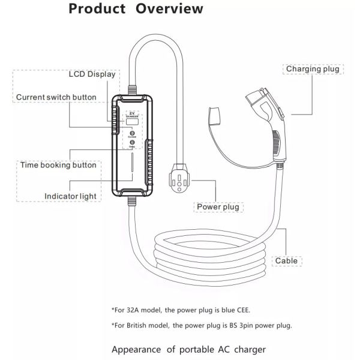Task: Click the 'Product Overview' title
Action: coord(135,10)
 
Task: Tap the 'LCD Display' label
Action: coord(91,74)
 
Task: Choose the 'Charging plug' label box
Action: coord(312,69)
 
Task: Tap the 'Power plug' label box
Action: coord(218,207)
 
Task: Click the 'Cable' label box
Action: coord(286,261)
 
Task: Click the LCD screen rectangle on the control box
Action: coord(132,122)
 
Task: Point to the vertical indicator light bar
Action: coord(132,170)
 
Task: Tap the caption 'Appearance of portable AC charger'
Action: coord(188,349)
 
